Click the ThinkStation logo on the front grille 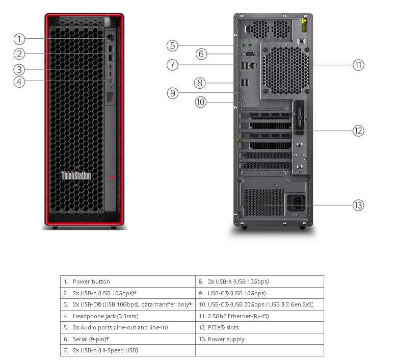pos(76,175)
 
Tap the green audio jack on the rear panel pos(244,45)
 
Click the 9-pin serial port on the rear pos(250,54)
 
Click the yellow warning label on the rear pos(304,25)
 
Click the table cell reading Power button pos(128,281)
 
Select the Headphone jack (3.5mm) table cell pos(128,316)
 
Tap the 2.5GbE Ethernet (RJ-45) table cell pos(259,316)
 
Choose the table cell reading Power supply pos(259,339)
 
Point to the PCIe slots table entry pos(259,327)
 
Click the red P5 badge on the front pos(113,177)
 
